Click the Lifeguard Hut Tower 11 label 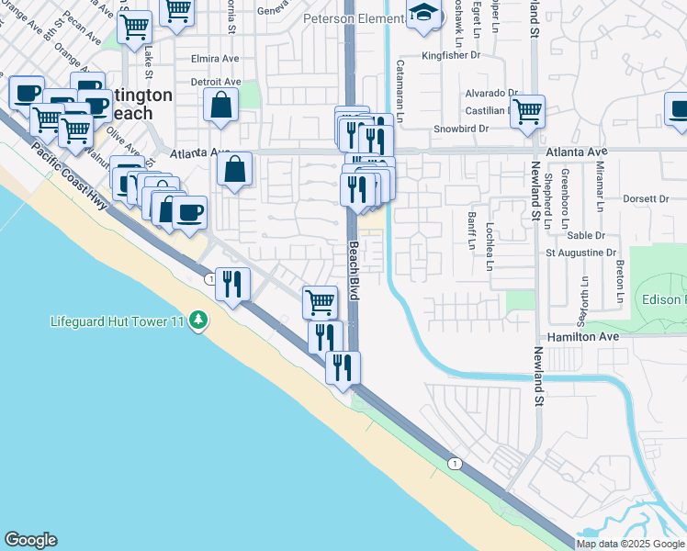pos(117,321)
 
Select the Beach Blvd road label pos(354,271)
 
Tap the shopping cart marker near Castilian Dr pos(527,111)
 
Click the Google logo pos(30,540)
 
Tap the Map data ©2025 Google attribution pos(630,544)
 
